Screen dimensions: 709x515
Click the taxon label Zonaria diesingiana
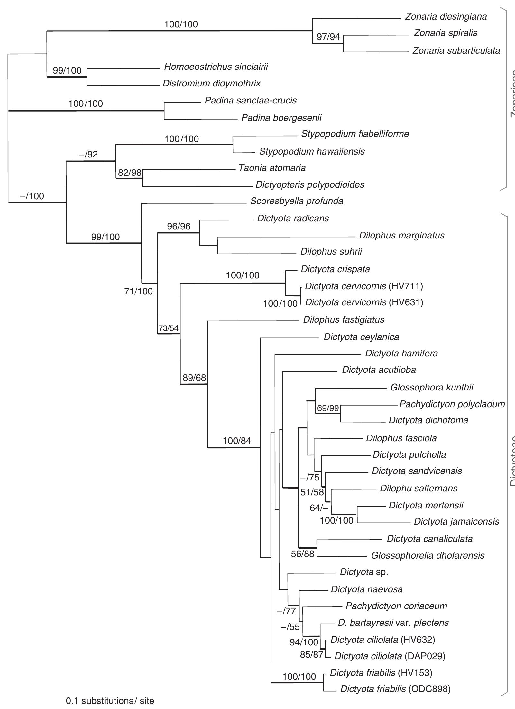coord(446,17)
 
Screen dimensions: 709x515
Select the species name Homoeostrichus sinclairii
coord(216,67)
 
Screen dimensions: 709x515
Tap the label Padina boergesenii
coord(281,118)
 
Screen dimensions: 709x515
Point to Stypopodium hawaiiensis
coord(312,151)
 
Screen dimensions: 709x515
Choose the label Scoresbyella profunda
coord(297,201)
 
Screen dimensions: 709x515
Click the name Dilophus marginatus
coord(401,236)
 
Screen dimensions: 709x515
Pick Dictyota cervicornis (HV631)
coord(364,302)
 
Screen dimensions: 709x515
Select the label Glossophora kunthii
coord(432,387)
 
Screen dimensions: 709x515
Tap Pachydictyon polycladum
coord(452,404)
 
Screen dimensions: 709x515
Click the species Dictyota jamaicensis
coord(456,521)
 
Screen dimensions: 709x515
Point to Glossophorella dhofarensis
coord(428,555)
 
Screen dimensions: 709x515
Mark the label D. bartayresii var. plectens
coord(393,623)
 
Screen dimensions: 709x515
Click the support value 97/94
coord(328,37)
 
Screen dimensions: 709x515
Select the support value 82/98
coord(130,173)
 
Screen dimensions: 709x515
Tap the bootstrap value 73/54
coord(168,328)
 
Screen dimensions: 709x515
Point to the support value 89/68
coord(194,378)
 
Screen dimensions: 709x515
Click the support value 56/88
coord(302,554)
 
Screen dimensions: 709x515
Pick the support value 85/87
coord(311,655)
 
